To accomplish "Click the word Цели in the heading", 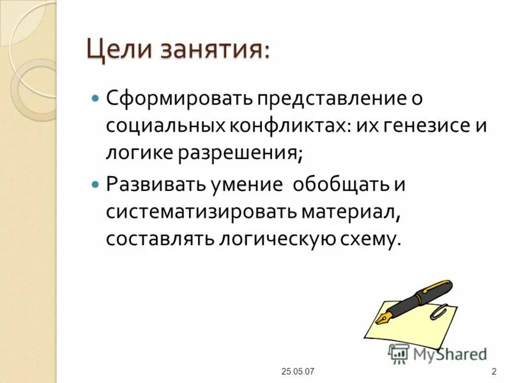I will pos(118,50).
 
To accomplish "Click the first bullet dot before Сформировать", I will pos(96,99).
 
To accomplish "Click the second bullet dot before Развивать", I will pos(96,185).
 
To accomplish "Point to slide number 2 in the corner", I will pos(494,372).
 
